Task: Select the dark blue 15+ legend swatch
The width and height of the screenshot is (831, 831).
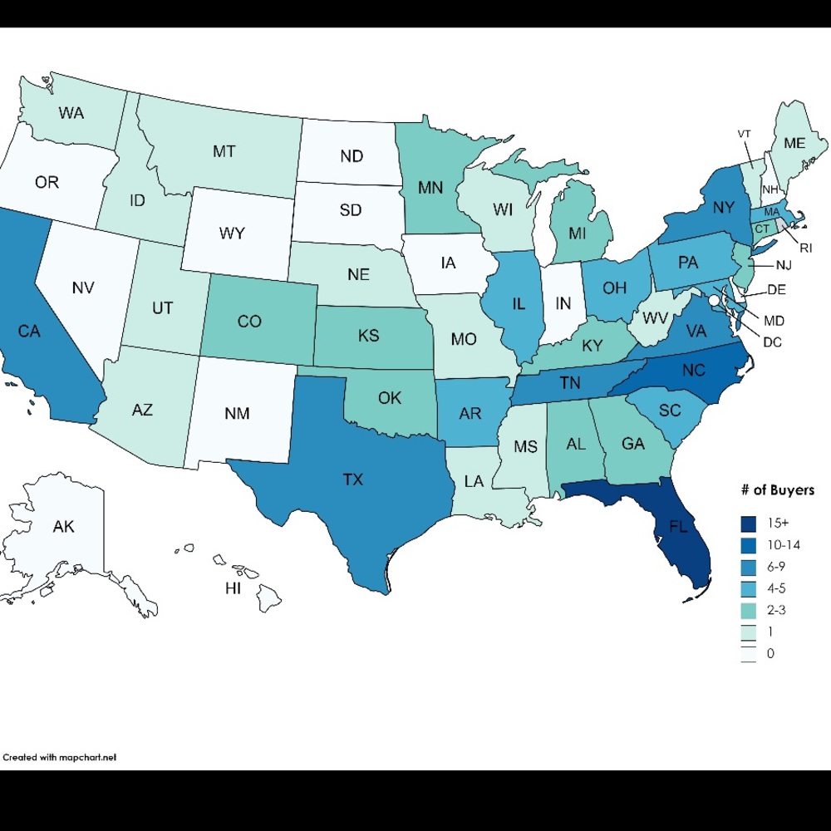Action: (749, 524)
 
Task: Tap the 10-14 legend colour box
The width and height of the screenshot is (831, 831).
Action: (749, 545)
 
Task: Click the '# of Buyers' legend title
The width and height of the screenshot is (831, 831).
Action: (777, 489)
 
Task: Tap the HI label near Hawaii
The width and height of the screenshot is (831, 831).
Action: (234, 588)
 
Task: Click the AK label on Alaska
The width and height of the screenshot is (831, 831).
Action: (64, 527)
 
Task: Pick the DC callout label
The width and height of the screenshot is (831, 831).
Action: (771, 342)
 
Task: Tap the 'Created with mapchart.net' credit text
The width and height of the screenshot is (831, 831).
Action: (53, 757)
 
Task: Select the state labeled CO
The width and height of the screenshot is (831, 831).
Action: (249, 321)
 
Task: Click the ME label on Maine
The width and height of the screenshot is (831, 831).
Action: (794, 143)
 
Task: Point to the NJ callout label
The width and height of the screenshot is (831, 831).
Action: (784, 265)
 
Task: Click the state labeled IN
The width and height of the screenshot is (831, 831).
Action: (563, 303)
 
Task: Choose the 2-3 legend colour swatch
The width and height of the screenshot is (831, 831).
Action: (749, 610)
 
